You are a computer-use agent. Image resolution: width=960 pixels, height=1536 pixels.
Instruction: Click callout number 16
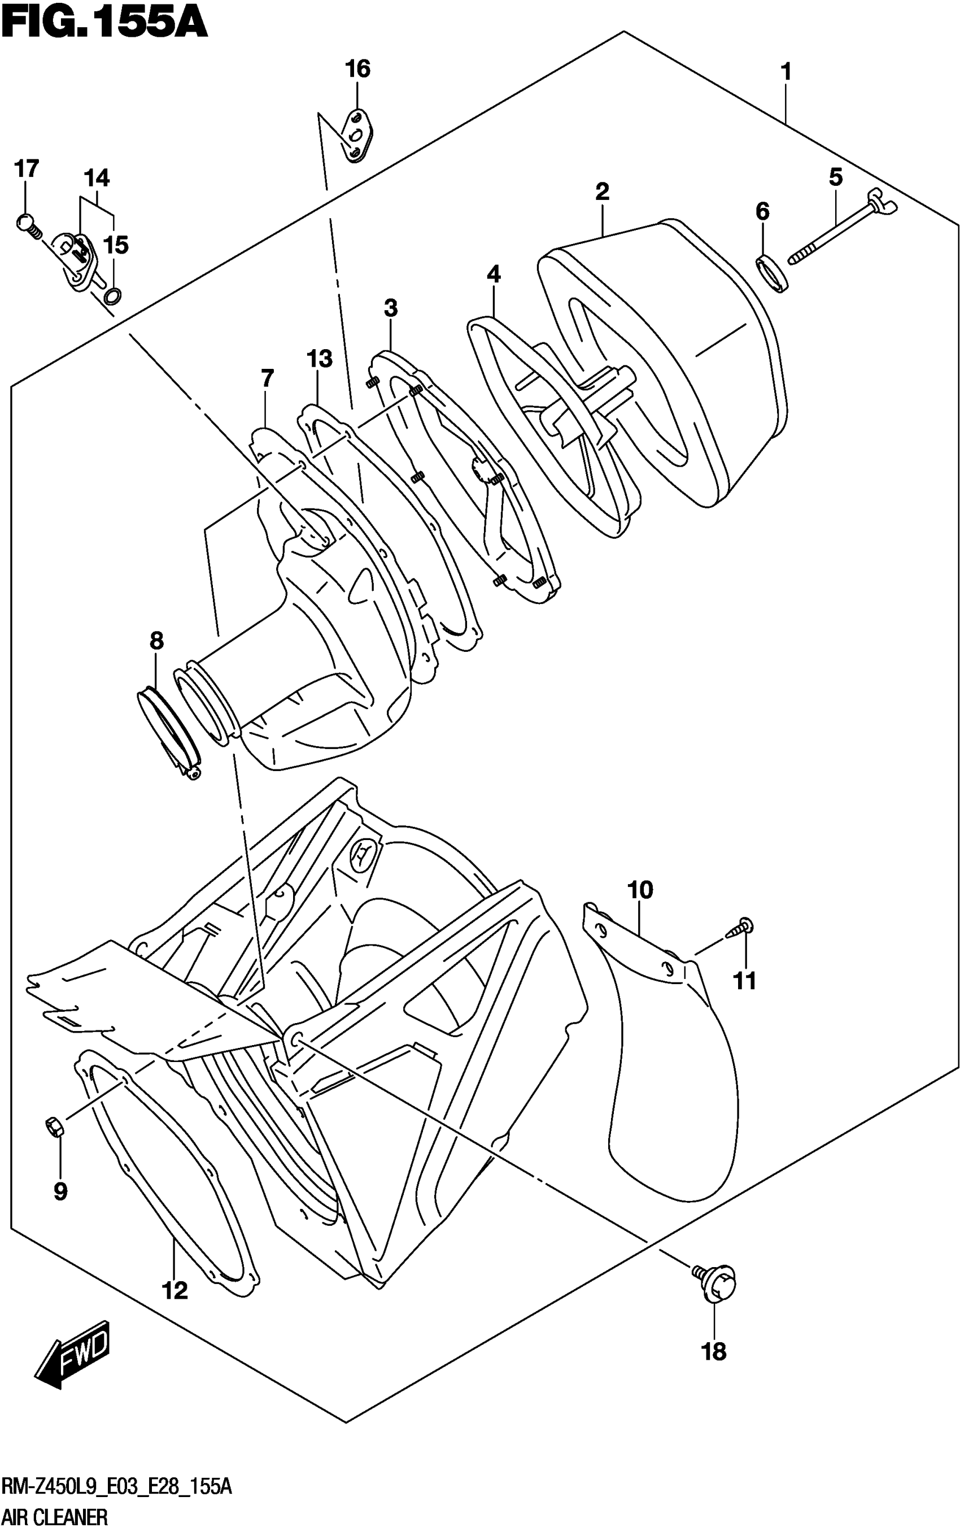[x=357, y=68]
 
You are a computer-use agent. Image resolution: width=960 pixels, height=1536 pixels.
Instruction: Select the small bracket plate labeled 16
[x=359, y=135]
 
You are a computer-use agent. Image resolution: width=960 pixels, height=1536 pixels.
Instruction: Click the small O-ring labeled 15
[x=113, y=295]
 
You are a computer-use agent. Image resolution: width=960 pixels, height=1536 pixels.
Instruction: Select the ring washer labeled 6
[x=772, y=273]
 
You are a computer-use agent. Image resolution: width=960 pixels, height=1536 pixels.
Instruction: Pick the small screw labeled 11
[x=741, y=928]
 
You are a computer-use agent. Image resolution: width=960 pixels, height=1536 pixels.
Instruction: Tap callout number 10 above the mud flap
[x=640, y=890]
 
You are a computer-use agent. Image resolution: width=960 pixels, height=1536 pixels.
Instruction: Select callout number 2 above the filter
[x=602, y=191]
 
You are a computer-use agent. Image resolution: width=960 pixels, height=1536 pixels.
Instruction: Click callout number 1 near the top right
[x=786, y=72]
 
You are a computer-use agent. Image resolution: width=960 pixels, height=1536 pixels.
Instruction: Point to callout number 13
[x=320, y=359]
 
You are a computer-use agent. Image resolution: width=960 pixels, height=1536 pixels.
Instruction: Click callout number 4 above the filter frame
[x=494, y=275]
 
